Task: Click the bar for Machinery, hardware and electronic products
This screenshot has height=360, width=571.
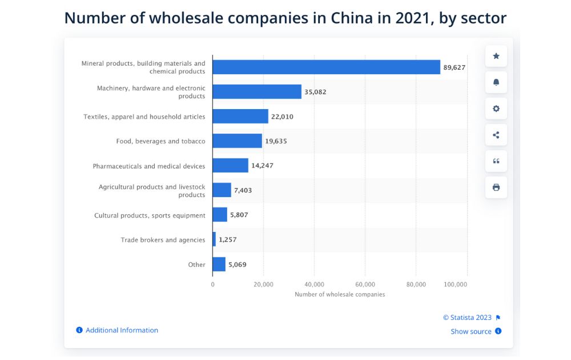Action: (x=257, y=92)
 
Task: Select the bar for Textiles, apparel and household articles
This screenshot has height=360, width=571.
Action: (x=240, y=117)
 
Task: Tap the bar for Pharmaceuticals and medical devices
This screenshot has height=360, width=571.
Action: (x=230, y=166)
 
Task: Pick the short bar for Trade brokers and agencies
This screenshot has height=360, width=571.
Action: (x=214, y=239)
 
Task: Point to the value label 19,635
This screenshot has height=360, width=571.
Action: (x=276, y=141)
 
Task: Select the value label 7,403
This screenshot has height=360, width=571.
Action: (x=243, y=190)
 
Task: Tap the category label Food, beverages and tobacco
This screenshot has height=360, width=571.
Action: (x=160, y=141)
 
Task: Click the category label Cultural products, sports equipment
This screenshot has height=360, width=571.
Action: (x=150, y=215)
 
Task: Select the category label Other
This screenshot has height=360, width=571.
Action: (x=197, y=265)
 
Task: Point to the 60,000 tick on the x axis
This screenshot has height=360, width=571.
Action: (x=365, y=284)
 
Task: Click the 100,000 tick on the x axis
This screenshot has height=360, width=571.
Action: (x=455, y=284)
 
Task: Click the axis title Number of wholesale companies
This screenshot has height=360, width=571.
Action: (x=340, y=294)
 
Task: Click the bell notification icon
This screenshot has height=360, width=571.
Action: (x=496, y=82)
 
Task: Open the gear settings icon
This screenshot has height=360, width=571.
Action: (x=496, y=109)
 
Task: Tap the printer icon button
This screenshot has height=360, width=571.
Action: (x=496, y=187)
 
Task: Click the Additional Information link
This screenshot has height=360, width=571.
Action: (x=122, y=330)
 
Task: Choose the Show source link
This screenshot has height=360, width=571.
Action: (x=471, y=331)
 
